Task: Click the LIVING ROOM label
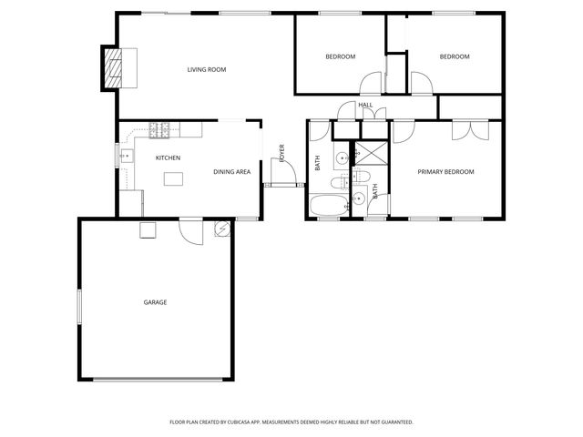coord(206,69)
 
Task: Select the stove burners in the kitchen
coord(161,130)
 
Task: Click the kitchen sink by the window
coord(126,157)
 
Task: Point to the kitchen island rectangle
coord(174,179)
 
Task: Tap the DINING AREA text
coord(231,172)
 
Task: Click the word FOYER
coord(281,152)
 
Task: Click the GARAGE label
coord(155,302)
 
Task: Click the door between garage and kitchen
coord(189,230)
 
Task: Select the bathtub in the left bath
coord(327,206)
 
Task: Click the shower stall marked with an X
coord(370,153)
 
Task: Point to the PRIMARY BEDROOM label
coord(445,172)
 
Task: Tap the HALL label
coord(365,106)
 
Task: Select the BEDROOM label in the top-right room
coord(454,56)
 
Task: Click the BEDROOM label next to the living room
coord(340,56)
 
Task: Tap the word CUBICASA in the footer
coord(242,422)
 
